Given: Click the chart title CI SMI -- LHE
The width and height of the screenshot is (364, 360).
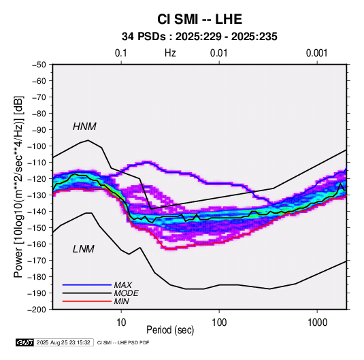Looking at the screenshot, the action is (199, 19).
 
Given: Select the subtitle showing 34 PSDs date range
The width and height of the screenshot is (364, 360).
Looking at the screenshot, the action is (199, 37).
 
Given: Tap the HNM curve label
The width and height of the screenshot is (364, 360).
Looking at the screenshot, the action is (84, 127).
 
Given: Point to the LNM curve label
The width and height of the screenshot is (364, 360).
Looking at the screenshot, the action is (84, 249).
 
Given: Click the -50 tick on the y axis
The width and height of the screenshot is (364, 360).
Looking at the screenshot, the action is (39, 65).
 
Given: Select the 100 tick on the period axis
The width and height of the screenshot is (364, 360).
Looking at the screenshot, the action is (219, 323).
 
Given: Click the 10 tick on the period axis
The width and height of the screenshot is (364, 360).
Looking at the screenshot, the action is (121, 323).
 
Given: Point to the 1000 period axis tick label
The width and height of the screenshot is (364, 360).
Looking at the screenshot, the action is (317, 323).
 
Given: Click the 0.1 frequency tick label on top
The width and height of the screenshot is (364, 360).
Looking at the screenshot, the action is (121, 53).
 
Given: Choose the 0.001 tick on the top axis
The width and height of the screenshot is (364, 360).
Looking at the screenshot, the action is (316, 53).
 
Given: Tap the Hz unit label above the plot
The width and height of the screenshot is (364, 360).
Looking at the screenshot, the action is (170, 53).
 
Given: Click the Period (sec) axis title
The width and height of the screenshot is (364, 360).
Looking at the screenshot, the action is (170, 330).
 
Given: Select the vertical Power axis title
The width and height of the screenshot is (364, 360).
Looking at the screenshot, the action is (18, 186).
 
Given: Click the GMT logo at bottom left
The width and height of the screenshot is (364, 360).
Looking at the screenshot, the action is (24, 342).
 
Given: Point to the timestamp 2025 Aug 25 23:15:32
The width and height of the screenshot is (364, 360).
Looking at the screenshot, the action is (63, 342).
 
